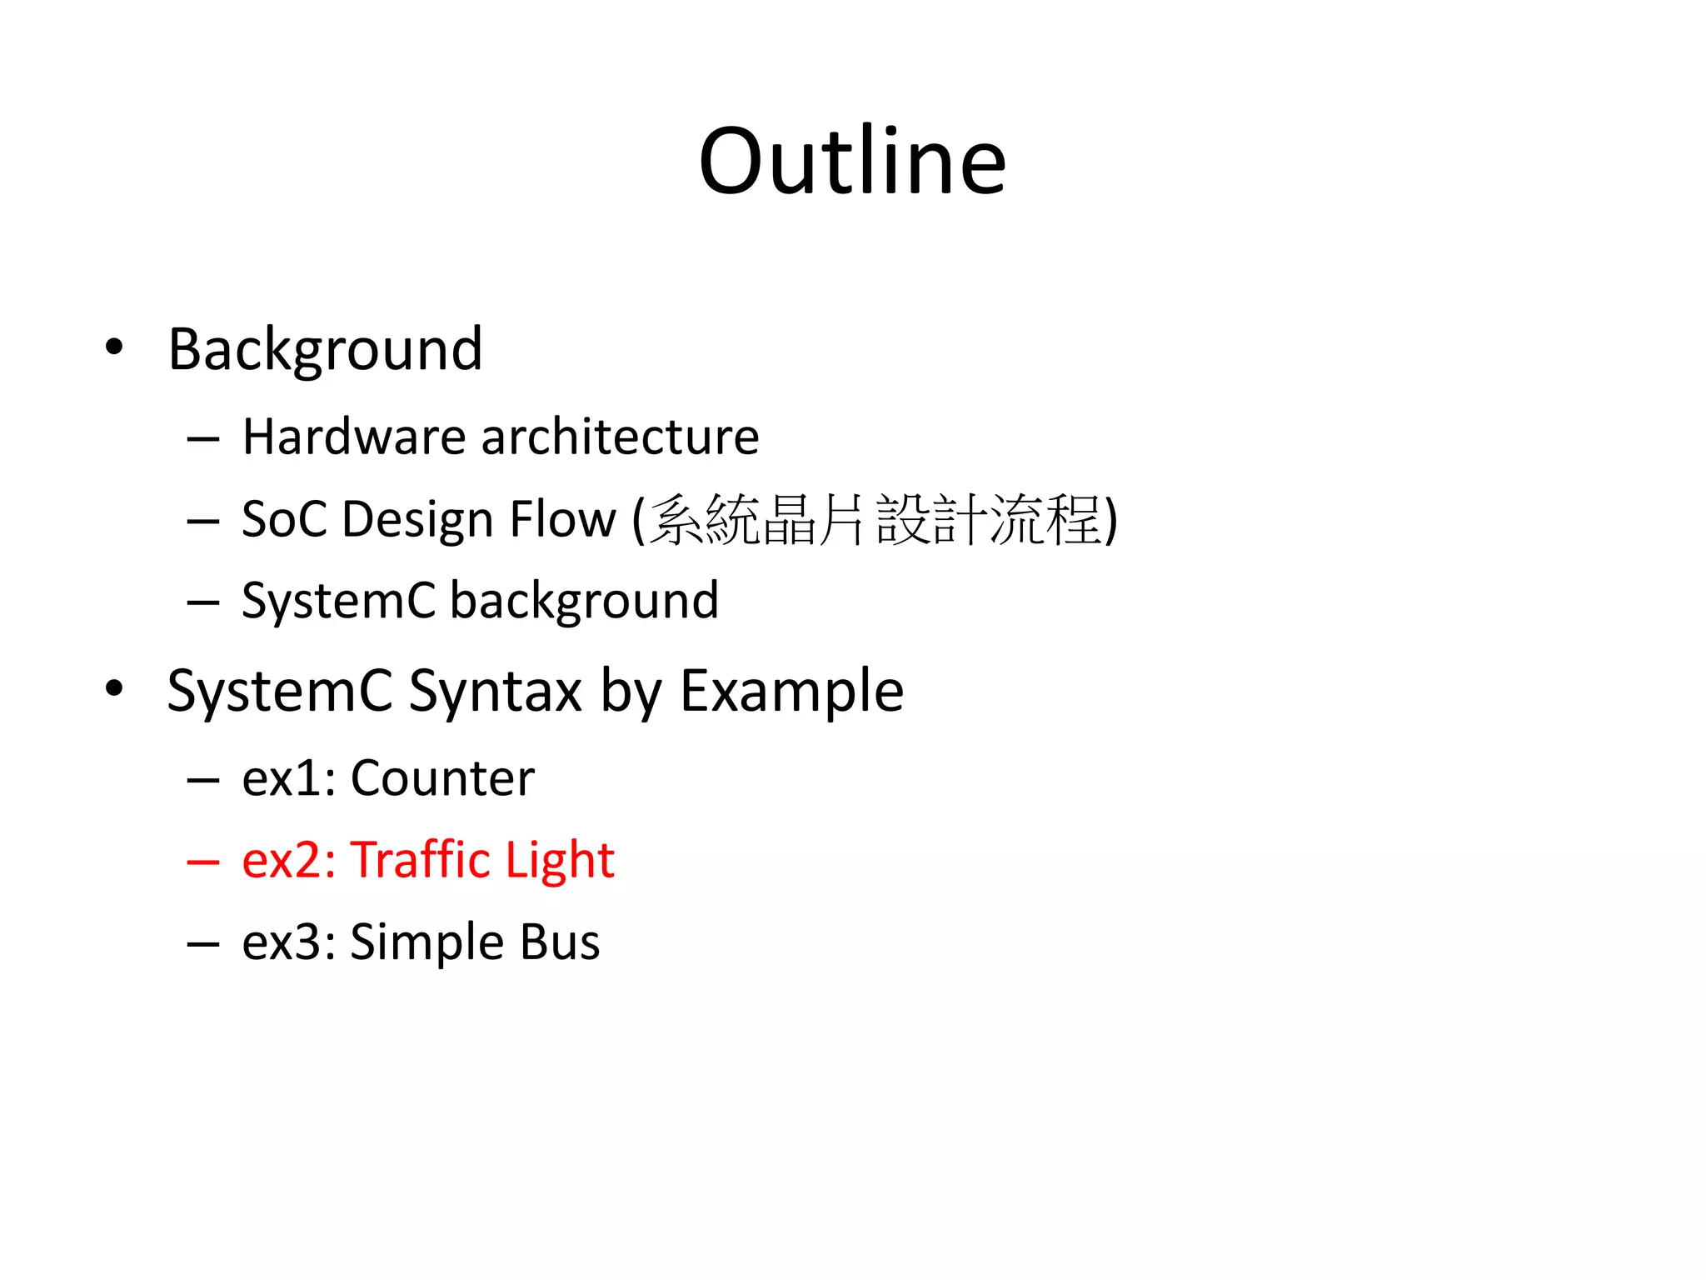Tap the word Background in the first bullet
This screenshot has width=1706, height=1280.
point(325,349)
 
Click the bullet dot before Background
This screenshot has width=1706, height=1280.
point(114,347)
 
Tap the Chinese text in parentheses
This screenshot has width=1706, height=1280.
point(875,520)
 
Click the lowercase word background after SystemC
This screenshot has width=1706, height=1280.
point(584,600)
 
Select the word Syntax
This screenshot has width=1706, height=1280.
point(495,691)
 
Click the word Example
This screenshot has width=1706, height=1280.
point(791,691)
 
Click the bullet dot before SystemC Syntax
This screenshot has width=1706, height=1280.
point(114,688)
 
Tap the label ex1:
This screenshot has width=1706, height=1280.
point(288,778)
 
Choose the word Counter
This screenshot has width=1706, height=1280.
point(442,778)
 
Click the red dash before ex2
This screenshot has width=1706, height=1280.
point(203,862)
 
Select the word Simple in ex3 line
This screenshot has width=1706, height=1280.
point(426,942)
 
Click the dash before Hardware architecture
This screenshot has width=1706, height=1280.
point(203,439)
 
